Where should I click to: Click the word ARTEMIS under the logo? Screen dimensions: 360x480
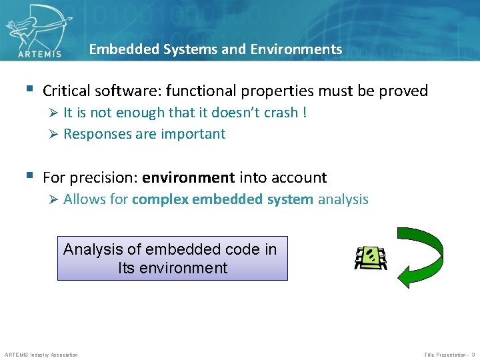coord(40,52)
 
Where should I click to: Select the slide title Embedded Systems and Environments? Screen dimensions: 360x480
coord(215,49)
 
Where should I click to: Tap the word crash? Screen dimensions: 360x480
coord(281,113)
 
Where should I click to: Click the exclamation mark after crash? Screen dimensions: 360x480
coord(305,113)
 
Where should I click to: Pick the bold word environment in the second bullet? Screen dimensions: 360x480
coord(188,178)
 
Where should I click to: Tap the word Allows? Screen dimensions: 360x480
coord(83,199)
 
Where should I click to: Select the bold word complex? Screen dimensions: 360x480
coord(160,199)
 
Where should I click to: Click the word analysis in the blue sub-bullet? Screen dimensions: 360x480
coord(343,199)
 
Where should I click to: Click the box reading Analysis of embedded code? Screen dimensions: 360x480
coord(172,258)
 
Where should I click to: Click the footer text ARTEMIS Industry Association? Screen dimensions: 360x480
coord(41,355)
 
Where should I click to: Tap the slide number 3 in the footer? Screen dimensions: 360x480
coord(473,355)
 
